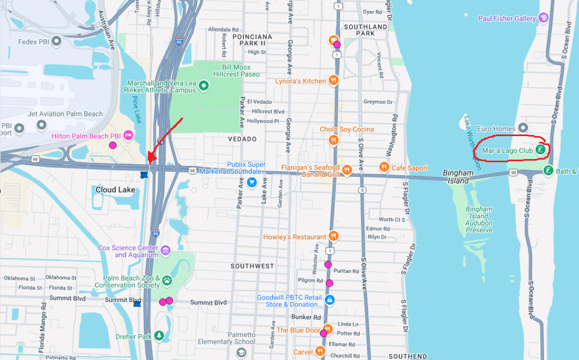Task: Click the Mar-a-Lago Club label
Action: click(508, 151)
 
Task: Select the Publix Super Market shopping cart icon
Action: click(252, 181)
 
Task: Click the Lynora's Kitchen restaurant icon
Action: click(334, 80)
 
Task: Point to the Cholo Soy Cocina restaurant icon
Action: click(334, 140)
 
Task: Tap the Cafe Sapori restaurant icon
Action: click(383, 168)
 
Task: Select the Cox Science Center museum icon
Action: click(165, 250)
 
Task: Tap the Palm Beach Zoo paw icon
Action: click(167, 281)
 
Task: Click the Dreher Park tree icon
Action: click(159, 336)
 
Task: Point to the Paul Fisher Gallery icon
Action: click(544, 18)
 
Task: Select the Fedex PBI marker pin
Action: click(57, 41)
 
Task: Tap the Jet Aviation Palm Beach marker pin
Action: click(41, 125)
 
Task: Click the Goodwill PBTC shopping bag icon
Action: click(330, 300)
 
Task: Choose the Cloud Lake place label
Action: click(115, 190)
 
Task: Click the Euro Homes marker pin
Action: click(522, 128)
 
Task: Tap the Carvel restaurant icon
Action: click(320, 352)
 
